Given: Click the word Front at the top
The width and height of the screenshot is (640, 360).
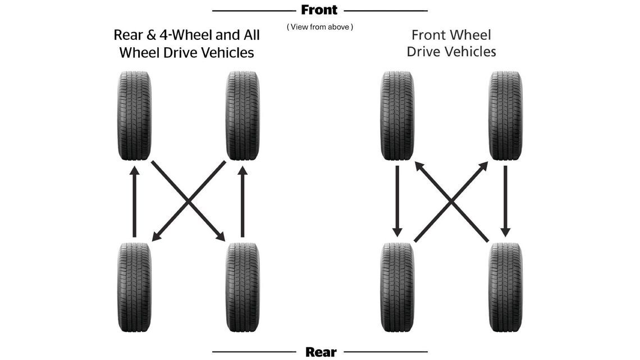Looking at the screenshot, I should point(319,10).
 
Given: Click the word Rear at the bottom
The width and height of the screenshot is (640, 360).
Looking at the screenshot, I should point(321,352).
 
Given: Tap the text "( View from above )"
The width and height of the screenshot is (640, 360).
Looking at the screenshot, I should point(320,26).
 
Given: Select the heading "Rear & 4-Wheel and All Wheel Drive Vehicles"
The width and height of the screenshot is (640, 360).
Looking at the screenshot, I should point(186,44).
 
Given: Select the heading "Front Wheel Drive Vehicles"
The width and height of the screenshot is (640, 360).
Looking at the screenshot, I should point(451,43).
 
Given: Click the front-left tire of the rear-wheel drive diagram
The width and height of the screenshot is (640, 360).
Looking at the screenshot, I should point(135,116).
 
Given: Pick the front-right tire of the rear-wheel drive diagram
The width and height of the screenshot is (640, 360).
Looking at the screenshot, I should point(243,116).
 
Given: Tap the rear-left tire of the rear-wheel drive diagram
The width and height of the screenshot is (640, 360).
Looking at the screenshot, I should point(135,287).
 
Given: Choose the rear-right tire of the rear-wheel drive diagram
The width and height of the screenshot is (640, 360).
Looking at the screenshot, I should point(243,287).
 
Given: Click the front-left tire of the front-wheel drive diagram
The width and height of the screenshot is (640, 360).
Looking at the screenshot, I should point(397,116).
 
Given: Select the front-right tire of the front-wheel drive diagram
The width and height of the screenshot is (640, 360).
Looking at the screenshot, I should point(505,116).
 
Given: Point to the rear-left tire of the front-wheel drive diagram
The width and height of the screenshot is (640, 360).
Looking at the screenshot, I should point(397,287).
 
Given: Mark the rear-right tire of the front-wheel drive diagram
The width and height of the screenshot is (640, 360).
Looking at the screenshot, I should point(505,287).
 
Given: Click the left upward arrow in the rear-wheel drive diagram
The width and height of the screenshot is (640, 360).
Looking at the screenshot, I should point(134,202).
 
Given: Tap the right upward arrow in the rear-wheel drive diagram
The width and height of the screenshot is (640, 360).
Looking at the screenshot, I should point(243,202).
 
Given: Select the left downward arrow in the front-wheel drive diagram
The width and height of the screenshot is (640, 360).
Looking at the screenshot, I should point(397,200).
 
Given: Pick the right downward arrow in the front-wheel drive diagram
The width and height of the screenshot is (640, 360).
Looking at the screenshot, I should point(505,200).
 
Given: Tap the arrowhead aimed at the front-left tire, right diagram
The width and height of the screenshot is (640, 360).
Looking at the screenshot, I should point(419,166).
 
